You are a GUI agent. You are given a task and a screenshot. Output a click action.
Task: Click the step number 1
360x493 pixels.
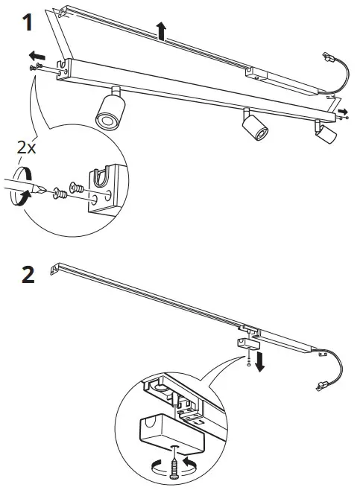point(28,22)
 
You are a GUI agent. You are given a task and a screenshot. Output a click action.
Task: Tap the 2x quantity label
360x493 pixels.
point(27,148)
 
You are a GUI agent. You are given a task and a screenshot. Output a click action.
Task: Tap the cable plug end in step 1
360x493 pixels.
point(326,57)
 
